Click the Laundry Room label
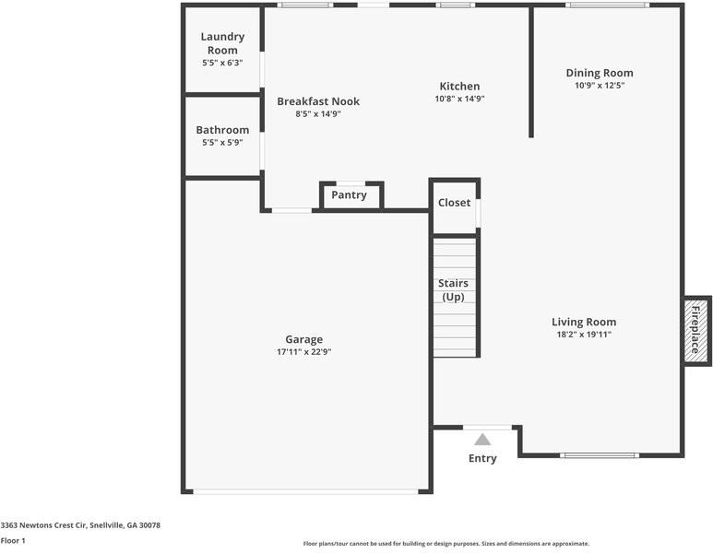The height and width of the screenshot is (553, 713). [x=222, y=43]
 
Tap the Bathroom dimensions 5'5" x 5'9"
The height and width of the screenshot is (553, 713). [x=222, y=143]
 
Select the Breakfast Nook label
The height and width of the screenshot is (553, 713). [x=318, y=101]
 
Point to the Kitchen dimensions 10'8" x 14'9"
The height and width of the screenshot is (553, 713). [x=459, y=99]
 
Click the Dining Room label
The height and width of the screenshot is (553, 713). [x=600, y=73]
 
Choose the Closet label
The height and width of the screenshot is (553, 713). [x=454, y=203]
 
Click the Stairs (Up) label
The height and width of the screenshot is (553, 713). [x=454, y=290]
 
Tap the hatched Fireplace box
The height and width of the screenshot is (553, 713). [x=697, y=330]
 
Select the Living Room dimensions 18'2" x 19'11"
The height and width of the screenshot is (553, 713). [x=584, y=335]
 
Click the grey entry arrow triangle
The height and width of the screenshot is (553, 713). [x=482, y=440]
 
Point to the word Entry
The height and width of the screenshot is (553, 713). [x=482, y=458]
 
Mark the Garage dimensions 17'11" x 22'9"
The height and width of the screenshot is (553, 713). [x=304, y=352]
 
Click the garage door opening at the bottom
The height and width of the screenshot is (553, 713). [x=305, y=491]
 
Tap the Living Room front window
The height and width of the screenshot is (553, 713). [x=600, y=455]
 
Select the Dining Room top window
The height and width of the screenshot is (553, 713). [x=608, y=5]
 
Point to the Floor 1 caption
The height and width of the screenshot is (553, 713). [x=13, y=541]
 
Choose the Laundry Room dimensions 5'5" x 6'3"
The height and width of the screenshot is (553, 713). [x=222, y=63]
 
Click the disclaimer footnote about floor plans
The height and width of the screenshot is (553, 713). [x=446, y=544]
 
